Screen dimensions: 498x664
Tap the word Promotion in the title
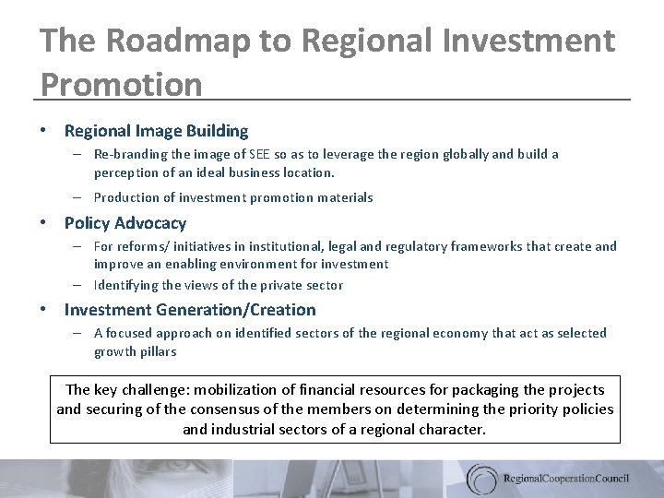121,84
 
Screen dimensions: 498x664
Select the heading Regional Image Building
156,132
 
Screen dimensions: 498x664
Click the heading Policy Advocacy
125,223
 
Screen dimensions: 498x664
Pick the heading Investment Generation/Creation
190,310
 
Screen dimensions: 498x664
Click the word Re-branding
125,154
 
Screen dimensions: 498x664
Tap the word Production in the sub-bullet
124,197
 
